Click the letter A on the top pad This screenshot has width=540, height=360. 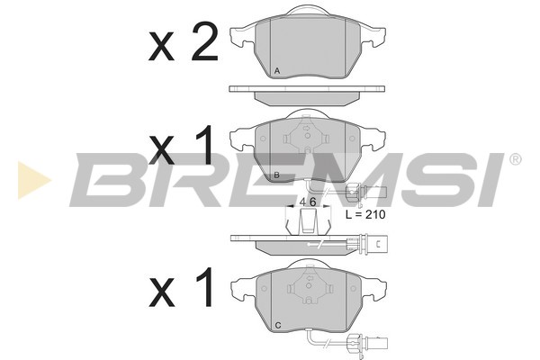277,71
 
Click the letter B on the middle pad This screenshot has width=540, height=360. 277,175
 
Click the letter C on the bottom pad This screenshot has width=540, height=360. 278,325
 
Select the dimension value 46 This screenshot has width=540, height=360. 308,202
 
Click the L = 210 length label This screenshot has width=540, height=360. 365,214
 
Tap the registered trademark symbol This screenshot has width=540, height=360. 515,159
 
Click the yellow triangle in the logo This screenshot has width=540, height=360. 32,179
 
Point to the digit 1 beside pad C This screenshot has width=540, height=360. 205,288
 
